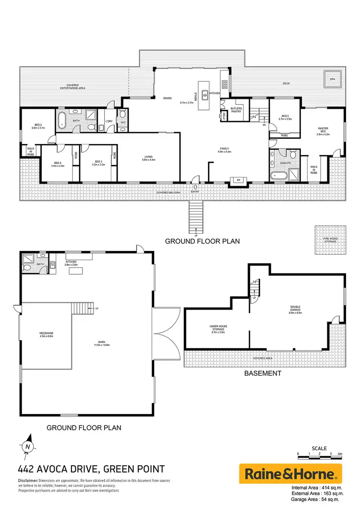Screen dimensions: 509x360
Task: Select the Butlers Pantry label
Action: [x=236, y=110]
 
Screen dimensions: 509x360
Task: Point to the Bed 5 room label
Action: [x=285, y=117]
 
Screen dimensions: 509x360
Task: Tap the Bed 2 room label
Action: [x=38, y=126]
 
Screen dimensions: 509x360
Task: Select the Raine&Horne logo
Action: [x=290, y=474]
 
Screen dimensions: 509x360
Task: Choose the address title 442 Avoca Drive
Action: [x=92, y=469]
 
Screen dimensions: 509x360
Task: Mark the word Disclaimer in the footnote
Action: [x=28, y=480]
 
